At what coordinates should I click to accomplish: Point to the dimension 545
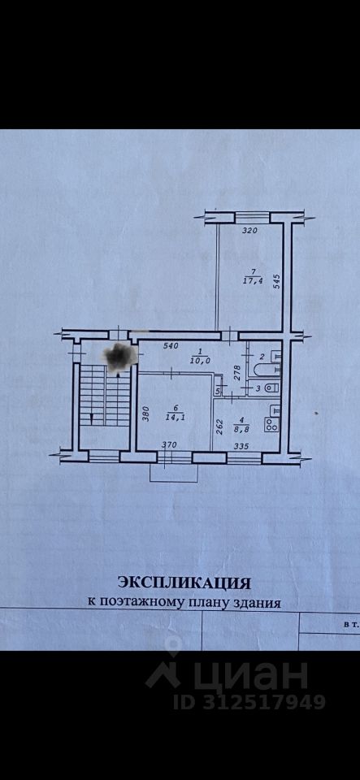point(277,283)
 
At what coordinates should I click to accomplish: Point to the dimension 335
point(241,446)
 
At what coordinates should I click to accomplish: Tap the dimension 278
point(237,374)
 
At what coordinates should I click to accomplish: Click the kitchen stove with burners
point(272,424)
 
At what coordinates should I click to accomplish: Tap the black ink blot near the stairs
point(120,356)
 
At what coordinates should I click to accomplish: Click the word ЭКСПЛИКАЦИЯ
point(183,582)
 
